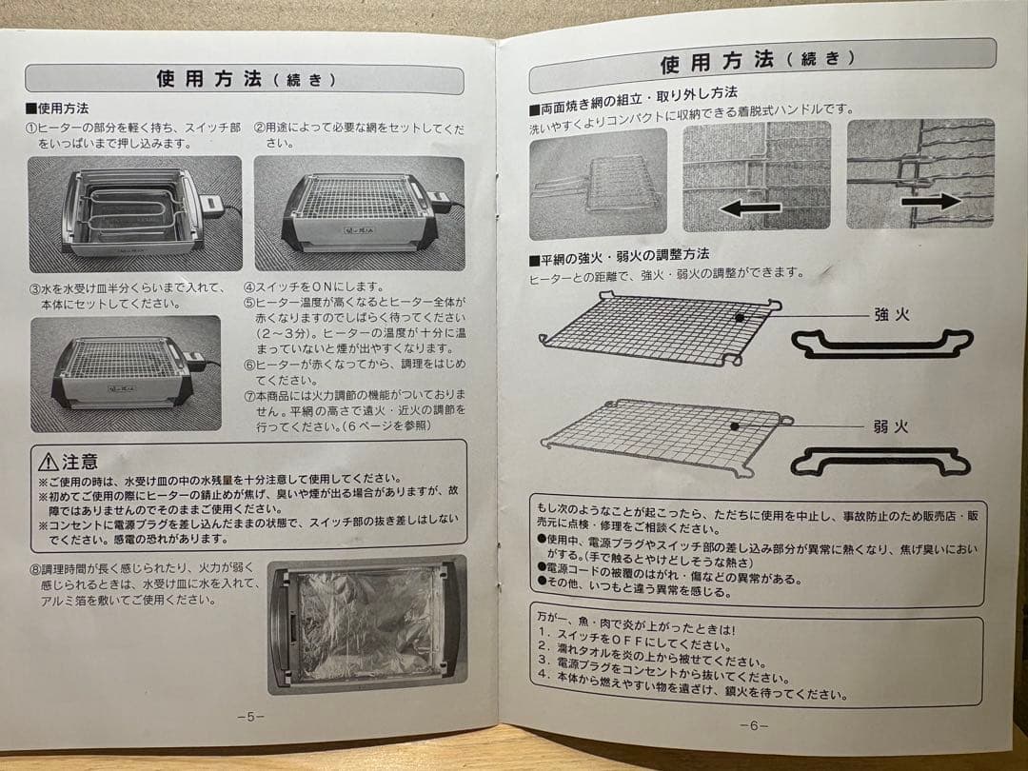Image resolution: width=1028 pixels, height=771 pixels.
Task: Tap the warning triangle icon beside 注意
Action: (49, 463)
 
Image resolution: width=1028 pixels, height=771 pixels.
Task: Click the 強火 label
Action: (891, 314)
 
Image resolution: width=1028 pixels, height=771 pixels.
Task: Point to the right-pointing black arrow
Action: (932, 202)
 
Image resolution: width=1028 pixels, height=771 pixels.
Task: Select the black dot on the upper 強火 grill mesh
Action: (739, 316)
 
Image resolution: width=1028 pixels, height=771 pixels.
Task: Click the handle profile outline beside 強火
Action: (881, 344)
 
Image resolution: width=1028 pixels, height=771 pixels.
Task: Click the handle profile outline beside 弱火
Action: (881, 462)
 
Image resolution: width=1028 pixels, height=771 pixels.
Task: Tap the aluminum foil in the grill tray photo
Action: (366, 624)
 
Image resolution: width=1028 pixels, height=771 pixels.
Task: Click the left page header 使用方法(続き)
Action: (245, 79)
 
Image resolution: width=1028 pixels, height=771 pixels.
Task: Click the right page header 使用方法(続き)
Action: (751, 62)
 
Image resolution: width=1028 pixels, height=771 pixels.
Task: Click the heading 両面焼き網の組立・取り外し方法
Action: (632, 92)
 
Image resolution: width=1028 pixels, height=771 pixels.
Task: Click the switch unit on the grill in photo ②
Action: (439, 199)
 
